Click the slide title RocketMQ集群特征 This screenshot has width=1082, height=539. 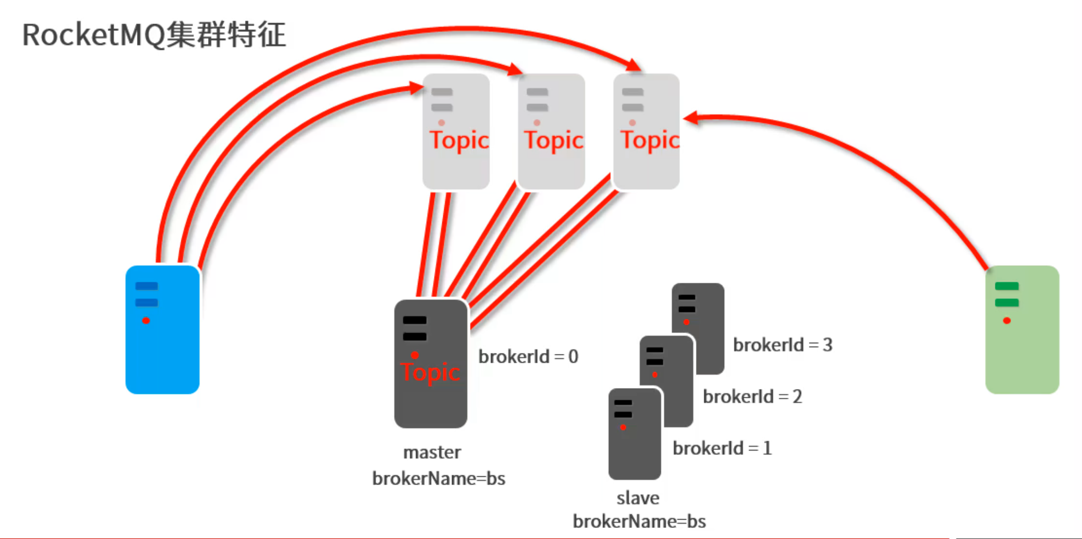(154, 35)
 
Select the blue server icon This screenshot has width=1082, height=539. (162, 329)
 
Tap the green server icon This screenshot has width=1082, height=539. (1022, 329)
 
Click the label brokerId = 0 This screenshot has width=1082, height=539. (528, 357)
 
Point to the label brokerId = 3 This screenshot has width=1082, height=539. (783, 345)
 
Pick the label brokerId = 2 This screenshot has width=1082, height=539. (752, 397)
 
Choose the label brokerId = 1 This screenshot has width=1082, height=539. (722, 449)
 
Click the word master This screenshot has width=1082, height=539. (432, 453)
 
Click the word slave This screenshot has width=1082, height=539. (638, 498)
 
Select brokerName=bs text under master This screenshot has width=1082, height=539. (439, 479)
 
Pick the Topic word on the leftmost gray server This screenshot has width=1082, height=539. (459, 140)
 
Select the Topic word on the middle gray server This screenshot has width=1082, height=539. (553, 140)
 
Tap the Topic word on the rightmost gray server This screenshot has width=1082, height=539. (649, 140)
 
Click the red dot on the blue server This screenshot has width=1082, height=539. (146, 321)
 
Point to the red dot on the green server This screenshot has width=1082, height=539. (1007, 321)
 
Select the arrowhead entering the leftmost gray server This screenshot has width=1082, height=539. (416, 88)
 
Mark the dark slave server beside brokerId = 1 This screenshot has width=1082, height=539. (635, 434)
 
